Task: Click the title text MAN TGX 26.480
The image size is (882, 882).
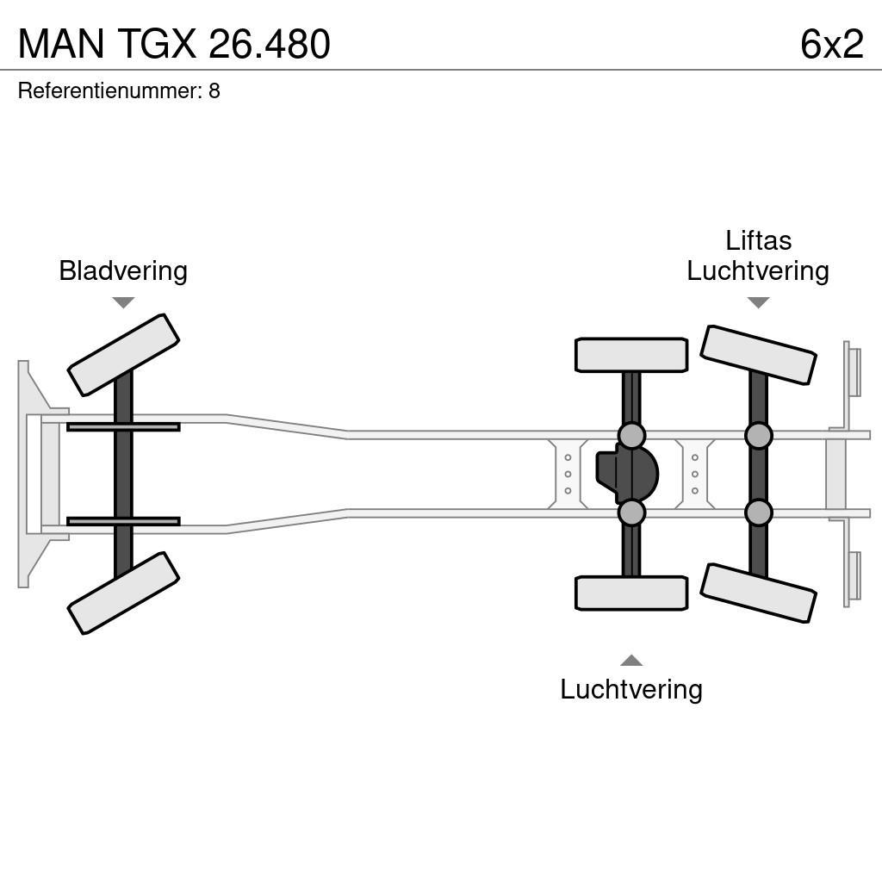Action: click(174, 45)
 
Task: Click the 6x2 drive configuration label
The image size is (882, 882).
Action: click(831, 45)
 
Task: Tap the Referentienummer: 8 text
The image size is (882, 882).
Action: click(119, 91)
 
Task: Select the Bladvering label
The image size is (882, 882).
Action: click(123, 270)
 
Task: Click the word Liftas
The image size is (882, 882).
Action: click(758, 240)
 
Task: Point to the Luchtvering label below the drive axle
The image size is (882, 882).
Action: click(631, 689)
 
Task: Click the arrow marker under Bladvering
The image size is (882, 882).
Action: click(123, 302)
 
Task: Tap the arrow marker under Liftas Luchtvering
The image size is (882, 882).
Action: click(758, 302)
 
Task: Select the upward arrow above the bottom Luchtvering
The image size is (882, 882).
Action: click(631, 661)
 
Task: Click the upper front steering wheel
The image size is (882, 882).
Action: click(123, 355)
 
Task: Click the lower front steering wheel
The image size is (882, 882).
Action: click(123, 593)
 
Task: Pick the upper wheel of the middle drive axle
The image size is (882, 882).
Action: click(631, 355)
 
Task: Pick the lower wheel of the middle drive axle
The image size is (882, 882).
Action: click(631, 593)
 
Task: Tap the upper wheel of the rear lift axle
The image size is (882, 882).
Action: click(758, 355)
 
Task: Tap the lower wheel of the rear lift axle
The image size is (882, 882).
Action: click(758, 593)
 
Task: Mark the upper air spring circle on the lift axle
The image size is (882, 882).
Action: click(758, 436)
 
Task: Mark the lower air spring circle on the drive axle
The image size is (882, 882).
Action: click(631, 512)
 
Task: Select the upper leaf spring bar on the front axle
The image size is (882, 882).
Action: click(123, 426)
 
